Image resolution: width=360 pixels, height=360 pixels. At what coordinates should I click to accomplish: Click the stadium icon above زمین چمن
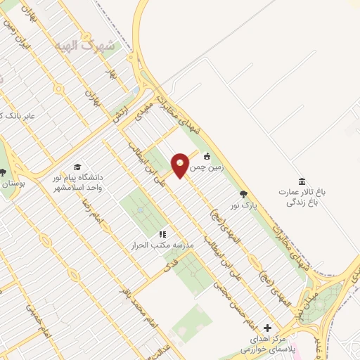coord(207,156)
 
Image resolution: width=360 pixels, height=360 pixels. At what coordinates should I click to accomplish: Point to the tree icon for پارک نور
coord(243,194)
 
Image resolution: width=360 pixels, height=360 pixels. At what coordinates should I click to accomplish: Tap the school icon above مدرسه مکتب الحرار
coord(162,234)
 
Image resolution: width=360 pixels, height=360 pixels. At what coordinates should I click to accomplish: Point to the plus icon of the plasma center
coord(266,328)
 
